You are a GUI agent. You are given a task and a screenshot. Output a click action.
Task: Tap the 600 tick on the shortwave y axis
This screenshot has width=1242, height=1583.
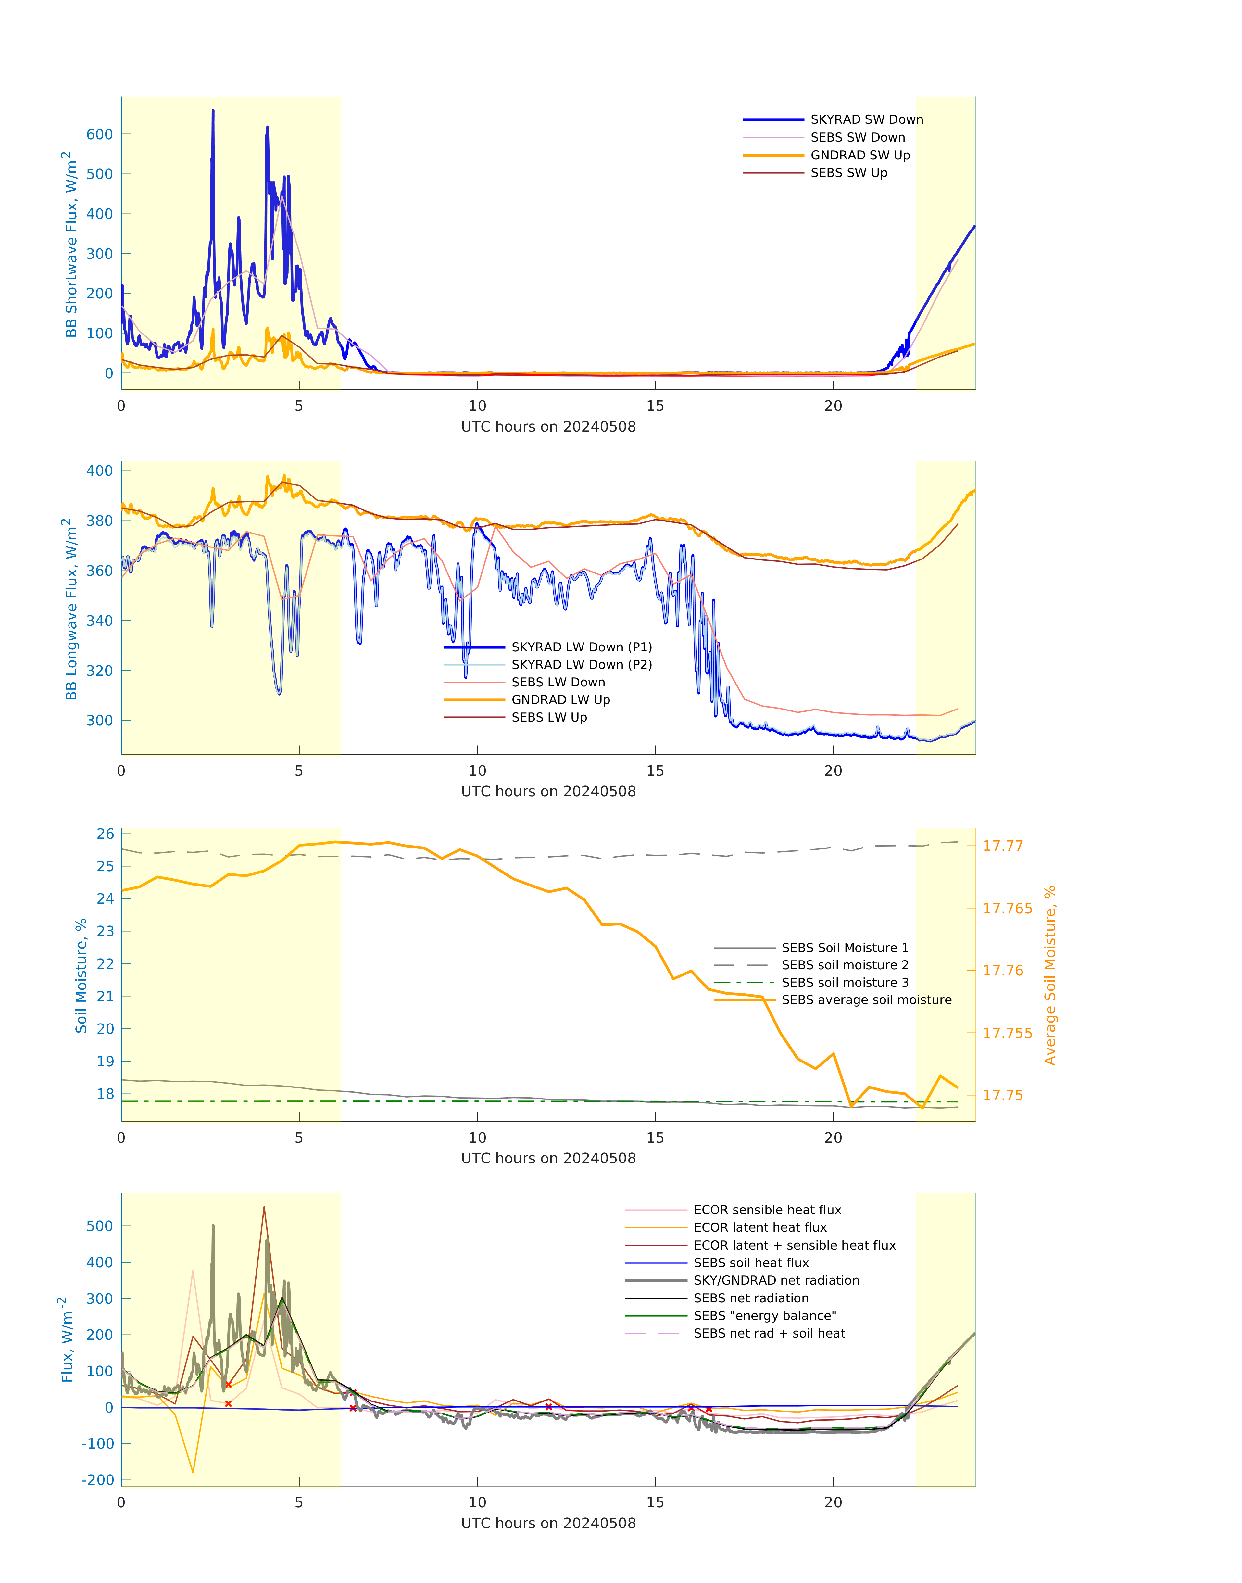(x=100, y=134)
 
